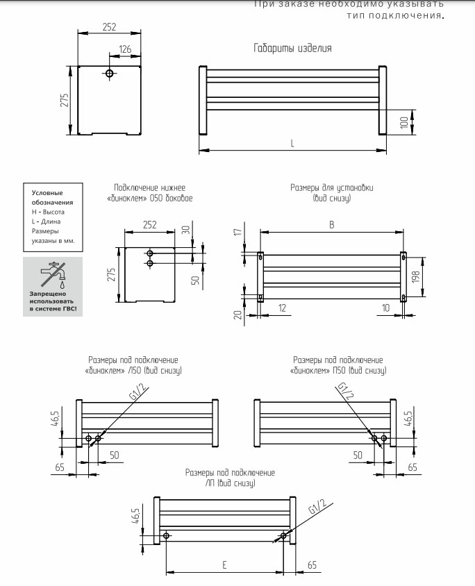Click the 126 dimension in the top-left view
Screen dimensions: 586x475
[x=125, y=50]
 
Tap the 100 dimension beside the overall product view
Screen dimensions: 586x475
[x=403, y=122]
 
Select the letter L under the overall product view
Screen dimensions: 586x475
[x=292, y=144]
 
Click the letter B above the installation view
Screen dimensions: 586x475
[x=331, y=224]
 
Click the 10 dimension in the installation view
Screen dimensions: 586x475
[x=385, y=308]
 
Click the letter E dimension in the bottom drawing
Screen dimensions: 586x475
[x=225, y=566]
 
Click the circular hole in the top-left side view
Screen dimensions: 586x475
[x=110, y=73]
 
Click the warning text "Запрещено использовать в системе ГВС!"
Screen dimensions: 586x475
[x=53, y=301]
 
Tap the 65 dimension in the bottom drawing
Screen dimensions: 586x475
[x=311, y=566]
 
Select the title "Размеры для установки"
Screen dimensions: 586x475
[x=331, y=188]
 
